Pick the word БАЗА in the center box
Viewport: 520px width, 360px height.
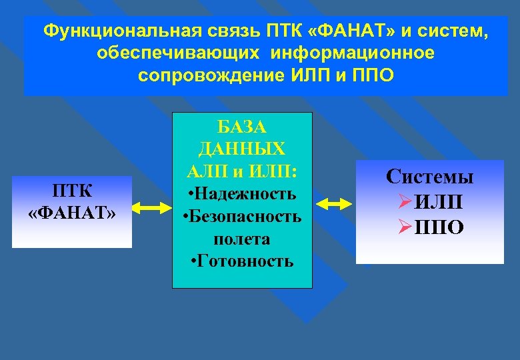pos(242,126)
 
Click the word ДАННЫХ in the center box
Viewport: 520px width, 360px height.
pos(242,149)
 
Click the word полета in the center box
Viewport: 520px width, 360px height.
pos(242,238)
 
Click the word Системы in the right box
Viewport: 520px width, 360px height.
pos(430,177)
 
